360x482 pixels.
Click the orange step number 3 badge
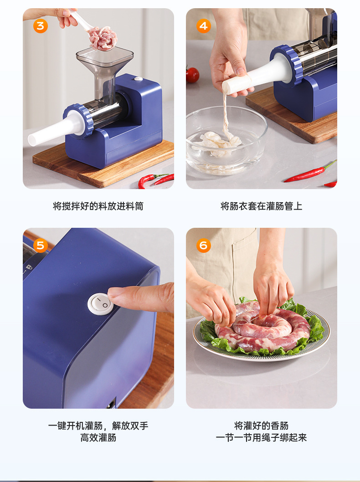click(x=41, y=26)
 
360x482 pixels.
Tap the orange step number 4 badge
click(x=204, y=26)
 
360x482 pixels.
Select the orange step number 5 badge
click(x=41, y=246)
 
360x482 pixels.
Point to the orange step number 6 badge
click(x=204, y=246)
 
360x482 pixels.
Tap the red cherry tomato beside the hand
click(x=192, y=75)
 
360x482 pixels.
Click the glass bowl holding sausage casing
click(x=226, y=140)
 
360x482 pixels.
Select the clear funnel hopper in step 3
click(x=104, y=71)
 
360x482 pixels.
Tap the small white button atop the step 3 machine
click(x=139, y=79)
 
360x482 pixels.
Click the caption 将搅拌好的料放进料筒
click(x=98, y=206)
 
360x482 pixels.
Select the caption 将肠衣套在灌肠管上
click(x=261, y=206)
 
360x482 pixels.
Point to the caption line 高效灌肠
click(x=98, y=437)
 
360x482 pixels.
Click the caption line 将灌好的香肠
click(x=261, y=426)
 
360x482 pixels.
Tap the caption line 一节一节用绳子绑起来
click(x=261, y=437)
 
